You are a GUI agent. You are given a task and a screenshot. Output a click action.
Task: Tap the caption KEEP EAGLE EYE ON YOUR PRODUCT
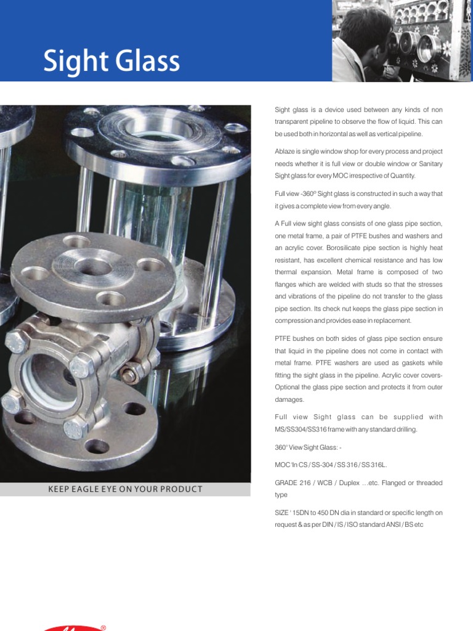[x=125, y=489]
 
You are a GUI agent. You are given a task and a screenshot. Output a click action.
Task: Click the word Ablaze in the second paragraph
[x=284, y=152]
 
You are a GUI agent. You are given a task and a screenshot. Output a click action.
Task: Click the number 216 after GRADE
[x=308, y=483]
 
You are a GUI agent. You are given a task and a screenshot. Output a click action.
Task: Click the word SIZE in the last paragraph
[x=281, y=513]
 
